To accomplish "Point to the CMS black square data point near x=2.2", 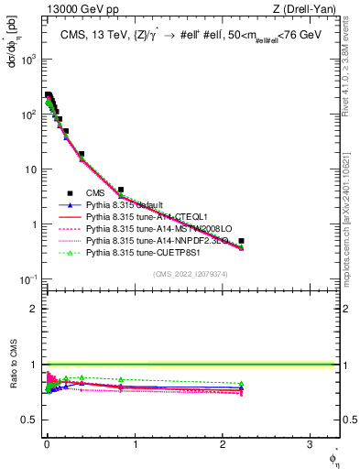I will tap(241, 241).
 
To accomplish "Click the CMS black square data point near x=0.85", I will tap(121, 191).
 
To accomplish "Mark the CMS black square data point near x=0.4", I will tap(82, 154).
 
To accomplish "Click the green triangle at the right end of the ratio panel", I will tap(241, 384).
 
